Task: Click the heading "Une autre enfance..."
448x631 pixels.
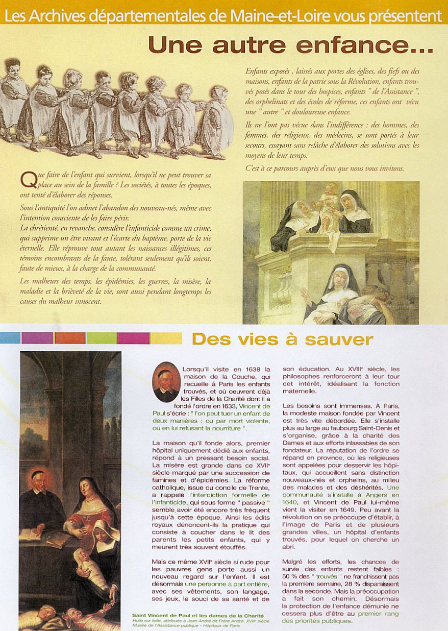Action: pyautogui.click(x=290, y=45)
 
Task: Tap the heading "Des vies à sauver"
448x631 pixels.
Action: pyautogui.click(x=282, y=339)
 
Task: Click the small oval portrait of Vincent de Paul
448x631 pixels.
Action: pyautogui.click(x=166, y=382)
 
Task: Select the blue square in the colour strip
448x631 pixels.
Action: pyautogui.click(x=10, y=338)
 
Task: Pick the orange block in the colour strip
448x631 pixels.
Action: pyautogui.click(x=70, y=338)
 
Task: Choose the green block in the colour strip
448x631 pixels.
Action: pyautogui.click(x=102, y=338)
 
